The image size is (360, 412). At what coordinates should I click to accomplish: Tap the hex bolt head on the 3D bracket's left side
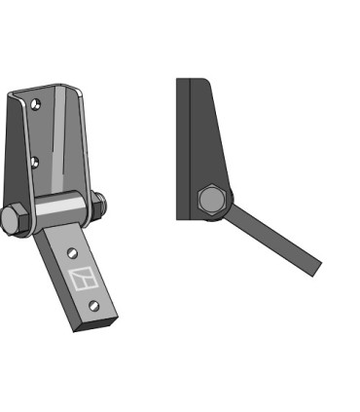(13, 220)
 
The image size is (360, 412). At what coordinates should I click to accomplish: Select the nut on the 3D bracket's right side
(98, 206)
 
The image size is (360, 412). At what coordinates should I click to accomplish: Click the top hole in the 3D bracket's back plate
(36, 103)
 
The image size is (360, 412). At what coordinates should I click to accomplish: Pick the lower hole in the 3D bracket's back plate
(35, 161)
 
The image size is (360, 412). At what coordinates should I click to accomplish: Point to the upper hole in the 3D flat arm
(72, 252)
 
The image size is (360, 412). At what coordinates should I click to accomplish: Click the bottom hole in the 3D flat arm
(92, 306)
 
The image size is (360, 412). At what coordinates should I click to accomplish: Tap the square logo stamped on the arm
(84, 280)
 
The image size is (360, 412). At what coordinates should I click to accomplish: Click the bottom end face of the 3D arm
(96, 323)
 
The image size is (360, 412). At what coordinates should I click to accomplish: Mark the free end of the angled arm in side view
(315, 268)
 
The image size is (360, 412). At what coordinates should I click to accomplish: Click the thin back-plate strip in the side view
(182, 146)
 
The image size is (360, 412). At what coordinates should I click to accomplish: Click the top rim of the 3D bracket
(44, 91)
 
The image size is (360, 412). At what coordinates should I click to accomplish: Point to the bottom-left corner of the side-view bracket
(180, 217)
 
